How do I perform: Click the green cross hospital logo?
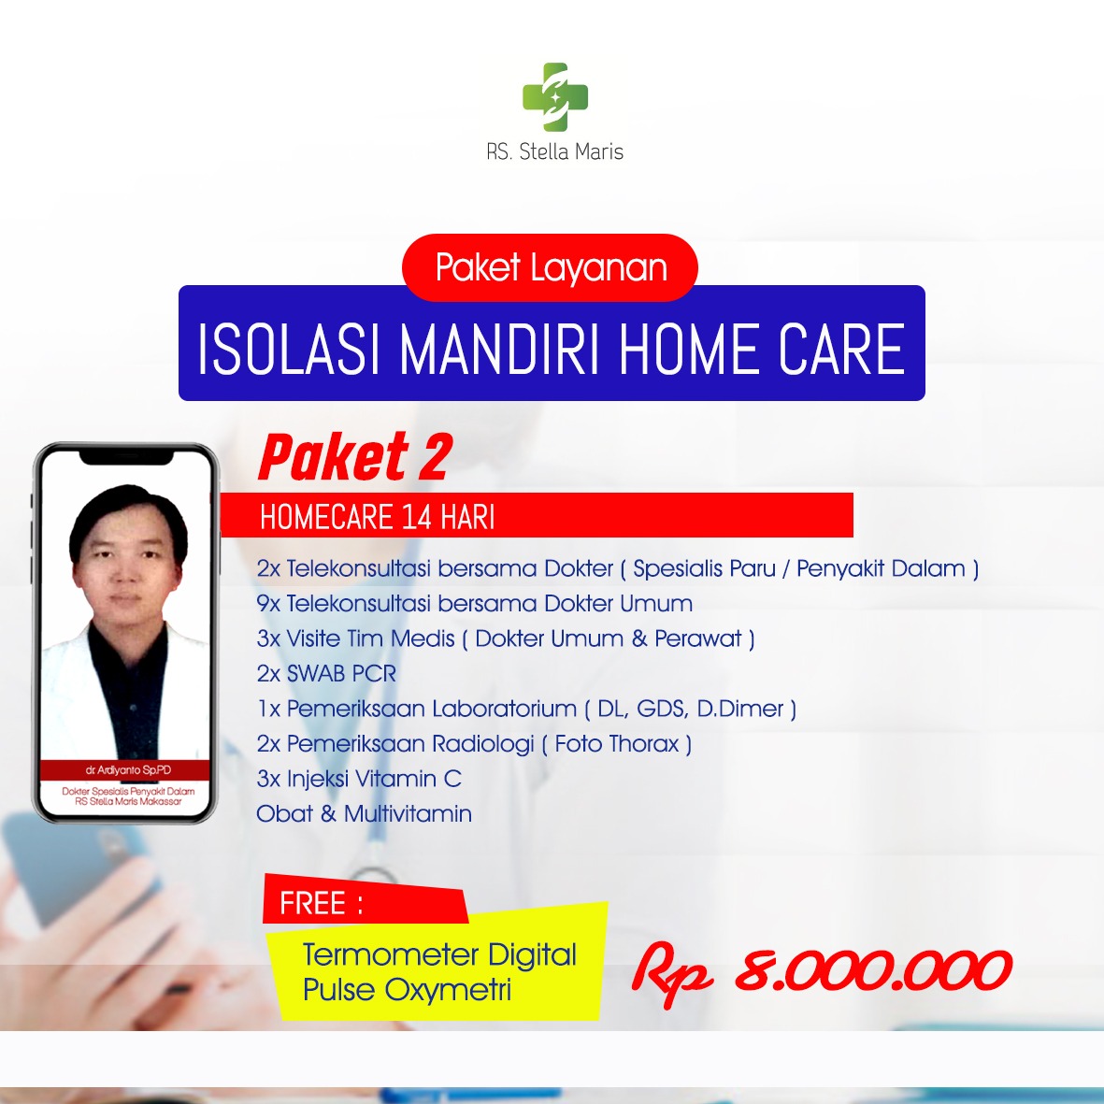pos(555,97)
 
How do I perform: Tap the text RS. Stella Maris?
pos(555,151)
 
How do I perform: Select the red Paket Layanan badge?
pos(550,267)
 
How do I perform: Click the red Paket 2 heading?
pos(355,457)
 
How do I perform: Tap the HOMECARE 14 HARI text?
pos(378,518)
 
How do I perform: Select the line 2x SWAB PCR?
pos(326,674)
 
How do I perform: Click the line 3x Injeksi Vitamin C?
pos(359,779)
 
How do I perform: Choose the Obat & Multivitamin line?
pos(364,814)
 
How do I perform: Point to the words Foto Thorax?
pos(617,743)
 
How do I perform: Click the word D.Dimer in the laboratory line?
pos(740,709)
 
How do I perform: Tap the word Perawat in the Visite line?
pos(698,638)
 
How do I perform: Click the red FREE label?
pos(365,899)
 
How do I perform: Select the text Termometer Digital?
pos(439,955)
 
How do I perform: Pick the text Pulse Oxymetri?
pos(407,990)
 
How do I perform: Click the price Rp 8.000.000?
pos(822,972)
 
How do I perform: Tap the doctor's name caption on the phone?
pos(128,770)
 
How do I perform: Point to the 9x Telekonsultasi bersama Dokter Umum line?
pos(475,603)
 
